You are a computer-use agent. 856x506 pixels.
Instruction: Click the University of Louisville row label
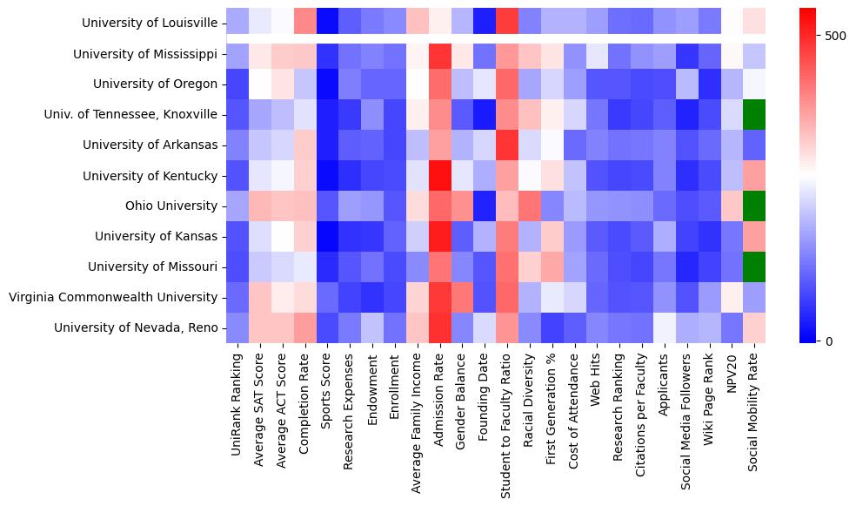point(150,24)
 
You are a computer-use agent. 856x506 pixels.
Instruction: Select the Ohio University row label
point(171,206)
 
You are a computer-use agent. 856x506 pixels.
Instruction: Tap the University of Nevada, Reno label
point(136,327)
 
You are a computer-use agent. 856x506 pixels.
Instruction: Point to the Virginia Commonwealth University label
point(113,297)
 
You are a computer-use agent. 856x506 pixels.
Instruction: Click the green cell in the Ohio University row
point(755,206)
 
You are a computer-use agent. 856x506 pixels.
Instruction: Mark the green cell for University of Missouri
point(755,266)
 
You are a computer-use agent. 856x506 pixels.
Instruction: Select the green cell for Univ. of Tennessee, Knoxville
point(755,115)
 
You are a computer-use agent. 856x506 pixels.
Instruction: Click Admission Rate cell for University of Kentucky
point(439,176)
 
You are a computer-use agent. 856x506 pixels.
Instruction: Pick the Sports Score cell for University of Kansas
point(327,236)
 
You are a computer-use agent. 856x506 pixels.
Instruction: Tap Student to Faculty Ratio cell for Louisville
point(507,24)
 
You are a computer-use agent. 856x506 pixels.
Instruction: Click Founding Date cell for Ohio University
point(485,206)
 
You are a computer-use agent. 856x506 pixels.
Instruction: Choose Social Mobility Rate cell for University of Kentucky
point(755,176)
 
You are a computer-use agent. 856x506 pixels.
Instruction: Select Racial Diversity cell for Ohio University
point(530,206)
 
